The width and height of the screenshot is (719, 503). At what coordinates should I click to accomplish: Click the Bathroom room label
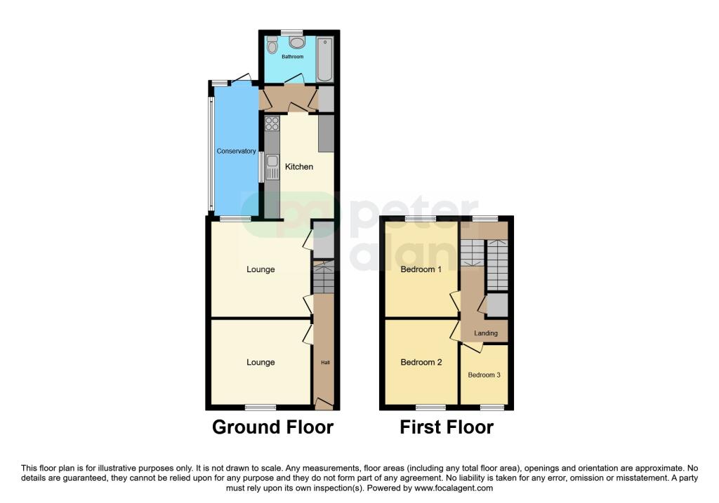click(292, 57)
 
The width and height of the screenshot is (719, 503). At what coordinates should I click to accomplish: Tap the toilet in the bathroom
click(272, 44)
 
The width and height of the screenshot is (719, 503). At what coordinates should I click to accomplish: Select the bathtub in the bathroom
click(324, 60)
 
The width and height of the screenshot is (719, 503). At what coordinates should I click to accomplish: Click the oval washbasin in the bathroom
click(297, 43)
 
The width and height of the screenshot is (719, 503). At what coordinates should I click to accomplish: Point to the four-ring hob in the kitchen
click(272, 123)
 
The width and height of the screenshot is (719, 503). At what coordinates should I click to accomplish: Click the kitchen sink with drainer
click(272, 167)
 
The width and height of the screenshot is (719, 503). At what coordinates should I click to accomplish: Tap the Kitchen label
click(299, 167)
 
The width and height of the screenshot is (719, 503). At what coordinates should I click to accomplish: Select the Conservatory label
click(236, 151)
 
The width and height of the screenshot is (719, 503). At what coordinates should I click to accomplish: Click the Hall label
click(325, 363)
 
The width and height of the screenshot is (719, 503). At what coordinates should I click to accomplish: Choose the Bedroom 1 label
click(421, 269)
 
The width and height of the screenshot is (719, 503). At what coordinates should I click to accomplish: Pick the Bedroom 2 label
click(421, 363)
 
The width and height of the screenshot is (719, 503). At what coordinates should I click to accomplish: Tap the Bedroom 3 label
click(484, 375)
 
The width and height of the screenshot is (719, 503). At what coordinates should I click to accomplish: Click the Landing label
click(486, 333)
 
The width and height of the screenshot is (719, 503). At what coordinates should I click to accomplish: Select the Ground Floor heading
click(273, 427)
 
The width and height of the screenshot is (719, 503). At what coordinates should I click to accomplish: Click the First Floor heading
click(447, 427)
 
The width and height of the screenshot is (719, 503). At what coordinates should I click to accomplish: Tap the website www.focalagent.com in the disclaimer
click(454, 488)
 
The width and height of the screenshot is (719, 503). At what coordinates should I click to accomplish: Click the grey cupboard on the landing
click(497, 305)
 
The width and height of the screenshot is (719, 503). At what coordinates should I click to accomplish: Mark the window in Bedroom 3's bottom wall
click(492, 408)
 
